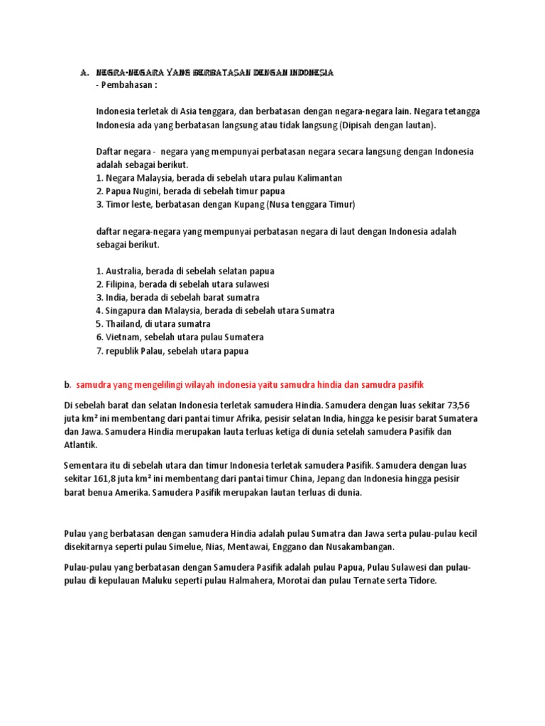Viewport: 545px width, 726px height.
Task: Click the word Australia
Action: pos(124,271)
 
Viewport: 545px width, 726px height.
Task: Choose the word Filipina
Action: pos(121,284)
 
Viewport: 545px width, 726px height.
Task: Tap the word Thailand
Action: pos(123,324)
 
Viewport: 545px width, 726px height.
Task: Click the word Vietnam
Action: pos(122,337)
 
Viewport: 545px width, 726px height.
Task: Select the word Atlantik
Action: pos(82,445)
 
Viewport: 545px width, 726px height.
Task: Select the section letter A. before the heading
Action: pos(84,72)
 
